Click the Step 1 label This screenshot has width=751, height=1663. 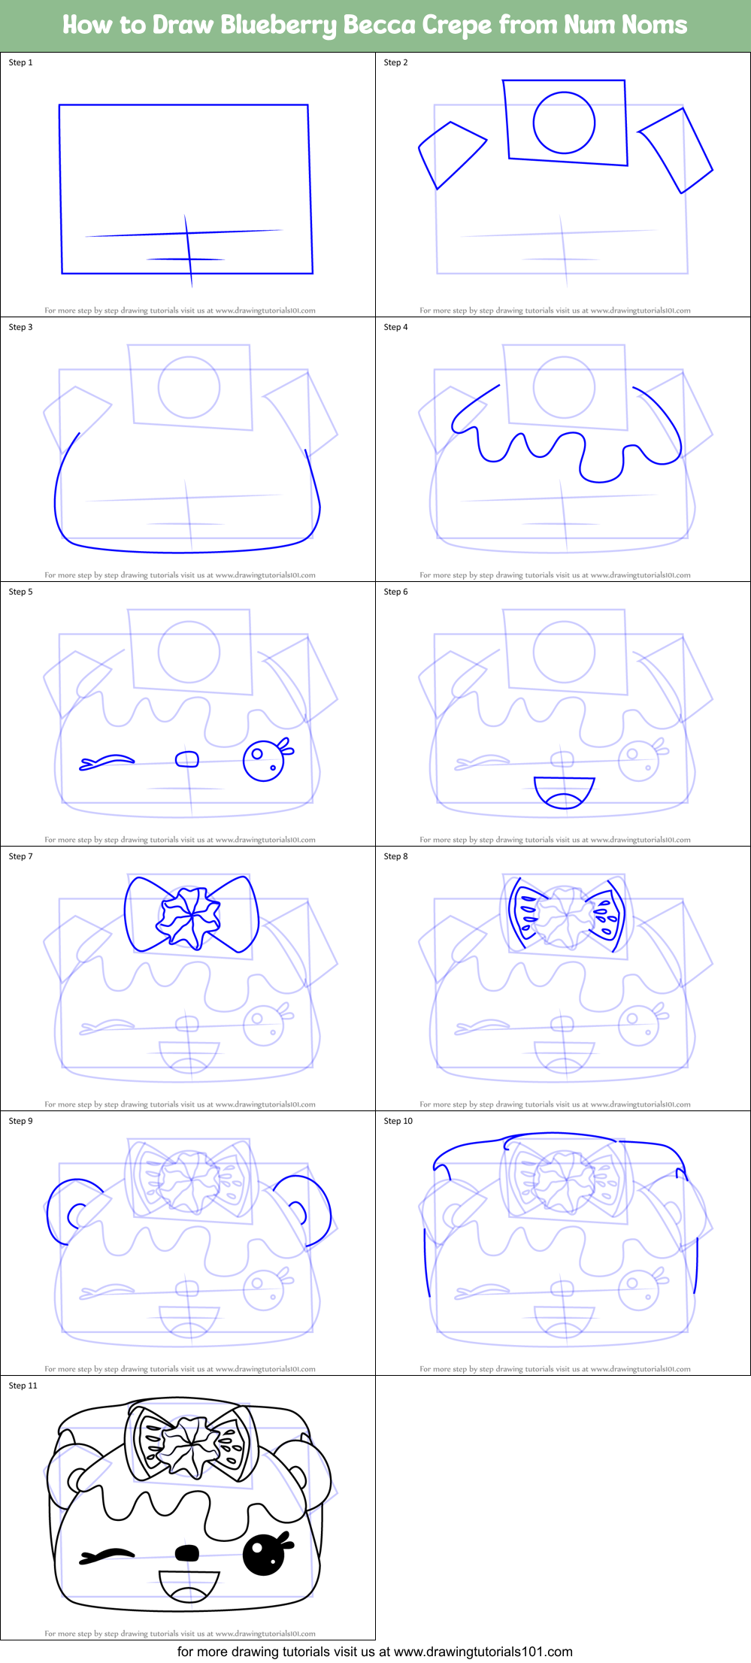click(x=20, y=62)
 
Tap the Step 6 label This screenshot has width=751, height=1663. click(x=395, y=592)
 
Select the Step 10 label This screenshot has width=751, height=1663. click(x=398, y=1121)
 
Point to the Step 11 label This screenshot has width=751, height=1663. click(x=23, y=1386)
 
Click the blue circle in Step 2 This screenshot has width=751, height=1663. click(x=564, y=123)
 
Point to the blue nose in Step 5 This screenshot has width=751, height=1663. click(x=187, y=759)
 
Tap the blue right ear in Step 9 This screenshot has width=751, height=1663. click(x=304, y=1207)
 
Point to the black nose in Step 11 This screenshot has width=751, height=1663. click(x=187, y=1552)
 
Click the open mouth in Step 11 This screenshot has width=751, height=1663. click(x=189, y=1584)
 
